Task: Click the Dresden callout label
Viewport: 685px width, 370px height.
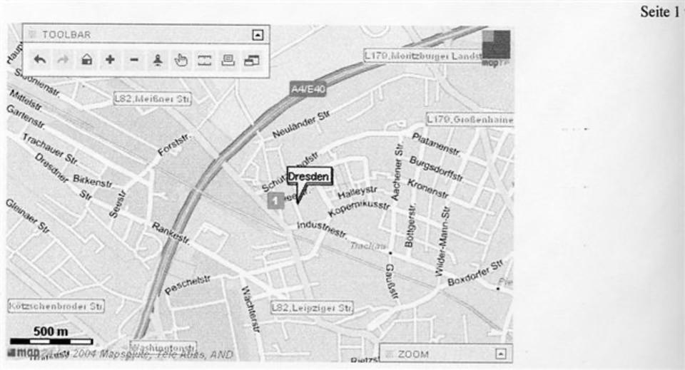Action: click(310, 176)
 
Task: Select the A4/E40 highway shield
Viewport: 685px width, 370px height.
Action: click(307, 88)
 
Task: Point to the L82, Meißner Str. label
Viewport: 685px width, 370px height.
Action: click(152, 99)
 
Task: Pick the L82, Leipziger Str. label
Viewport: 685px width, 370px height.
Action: click(312, 308)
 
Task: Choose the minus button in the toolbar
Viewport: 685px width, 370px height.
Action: click(133, 61)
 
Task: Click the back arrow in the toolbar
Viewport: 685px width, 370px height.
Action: click(39, 61)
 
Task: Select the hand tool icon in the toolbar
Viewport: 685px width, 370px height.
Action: click(181, 61)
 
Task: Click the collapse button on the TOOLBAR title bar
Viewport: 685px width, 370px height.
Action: click(258, 34)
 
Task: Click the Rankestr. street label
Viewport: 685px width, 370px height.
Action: click(171, 233)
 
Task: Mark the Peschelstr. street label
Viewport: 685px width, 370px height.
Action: click(188, 284)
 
